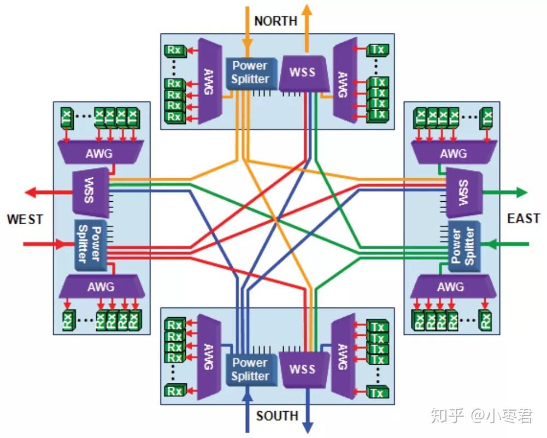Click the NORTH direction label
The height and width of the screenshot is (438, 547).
pyautogui.click(x=276, y=21)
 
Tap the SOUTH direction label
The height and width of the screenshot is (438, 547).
pyautogui.click(x=277, y=416)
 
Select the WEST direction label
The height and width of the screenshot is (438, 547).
pyautogui.click(x=25, y=219)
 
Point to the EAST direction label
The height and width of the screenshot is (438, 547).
pyautogui.click(x=523, y=219)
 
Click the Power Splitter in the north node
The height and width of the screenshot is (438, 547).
pyautogui.click(x=250, y=72)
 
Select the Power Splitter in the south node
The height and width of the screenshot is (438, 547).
pyautogui.click(x=250, y=369)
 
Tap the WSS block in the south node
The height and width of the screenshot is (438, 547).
pyautogui.click(x=304, y=370)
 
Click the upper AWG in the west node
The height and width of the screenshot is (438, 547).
pyautogui.click(x=99, y=153)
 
